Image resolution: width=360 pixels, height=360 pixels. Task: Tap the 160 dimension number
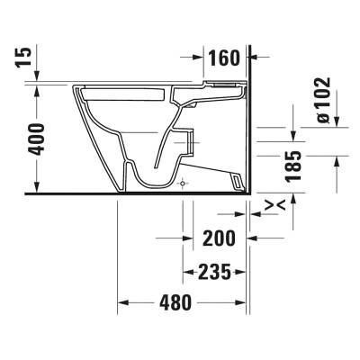click(220, 59)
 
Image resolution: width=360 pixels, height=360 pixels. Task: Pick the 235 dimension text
click(217, 270)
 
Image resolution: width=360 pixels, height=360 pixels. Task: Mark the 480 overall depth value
click(175, 302)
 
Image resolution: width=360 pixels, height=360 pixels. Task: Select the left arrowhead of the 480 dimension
click(125, 302)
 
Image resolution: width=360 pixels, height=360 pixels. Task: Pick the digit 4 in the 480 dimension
click(162, 302)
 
